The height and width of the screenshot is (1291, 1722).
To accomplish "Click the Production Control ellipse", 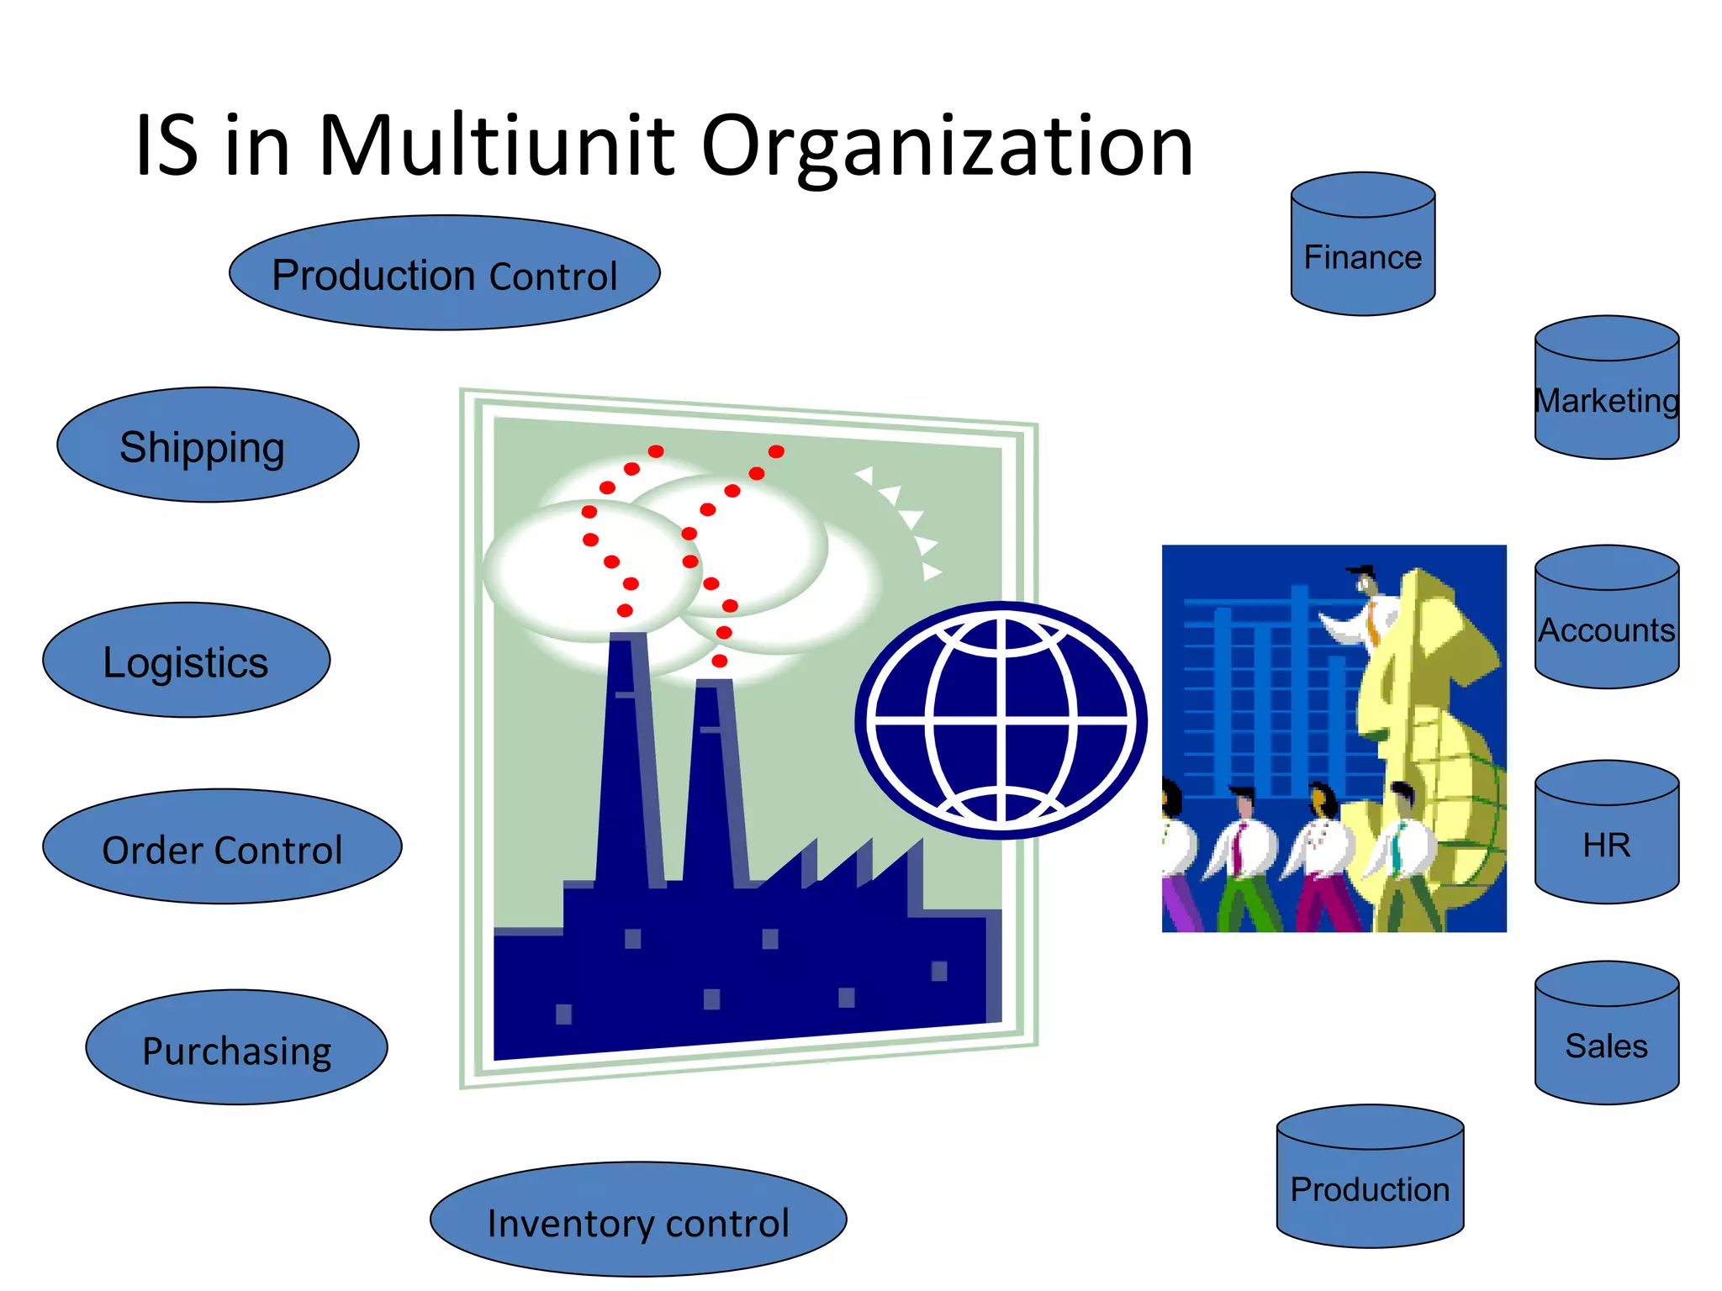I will pos(444,273).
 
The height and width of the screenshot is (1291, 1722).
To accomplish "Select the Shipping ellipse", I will pos(208,445).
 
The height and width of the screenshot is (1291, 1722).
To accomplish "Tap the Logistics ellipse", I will pos(186,661).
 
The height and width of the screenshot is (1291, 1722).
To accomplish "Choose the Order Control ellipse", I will pos(222,847).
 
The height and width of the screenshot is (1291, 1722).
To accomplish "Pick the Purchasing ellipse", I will pos(236,1048).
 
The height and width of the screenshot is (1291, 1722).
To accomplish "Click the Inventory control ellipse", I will pos(637,1220).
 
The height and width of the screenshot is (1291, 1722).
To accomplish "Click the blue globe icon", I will pos(1001,720).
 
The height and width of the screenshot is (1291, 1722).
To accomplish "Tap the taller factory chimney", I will pos(629,756).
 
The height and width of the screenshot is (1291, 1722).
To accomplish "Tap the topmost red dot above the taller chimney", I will pos(656,451).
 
